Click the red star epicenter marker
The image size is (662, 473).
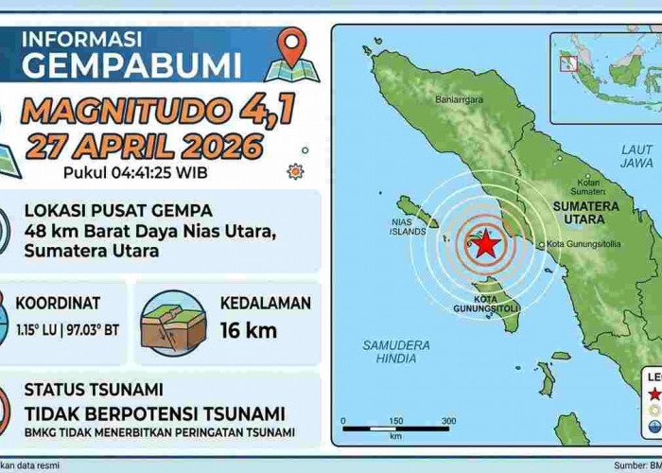[x=485, y=244]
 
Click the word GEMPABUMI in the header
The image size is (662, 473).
[x=131, y=65]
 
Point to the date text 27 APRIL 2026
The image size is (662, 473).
[x=144, y=147]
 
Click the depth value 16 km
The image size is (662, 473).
[x=248, y=330]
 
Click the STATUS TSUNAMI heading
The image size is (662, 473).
[x=94, y=389]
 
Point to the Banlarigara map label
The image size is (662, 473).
[x=459, y=98]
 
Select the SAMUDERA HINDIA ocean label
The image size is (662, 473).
[x=395, y=352]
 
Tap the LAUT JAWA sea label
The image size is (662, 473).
[x=636, y=156]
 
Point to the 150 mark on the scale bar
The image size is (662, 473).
[x=395, y=421]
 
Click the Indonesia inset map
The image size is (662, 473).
[x=605, y=76]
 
